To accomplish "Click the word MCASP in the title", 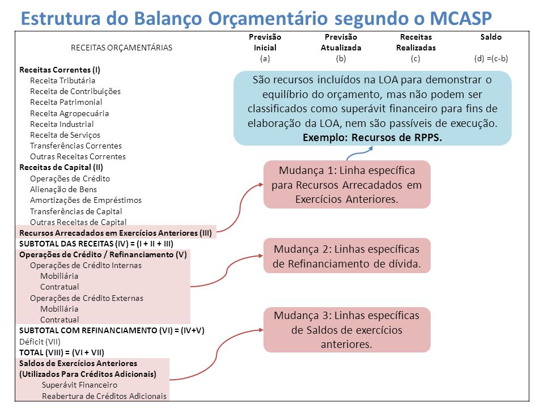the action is click(x=461, y=18).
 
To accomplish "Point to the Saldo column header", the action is click(x=491, y=37).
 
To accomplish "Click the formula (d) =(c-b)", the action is click(x=491, y=58).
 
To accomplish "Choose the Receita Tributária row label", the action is click(x=62, y=80).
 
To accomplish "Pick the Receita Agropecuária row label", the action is click(x=69, y=113).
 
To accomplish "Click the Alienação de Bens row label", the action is click(x=63, y=189).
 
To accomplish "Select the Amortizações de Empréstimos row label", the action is click(x=86, y=200).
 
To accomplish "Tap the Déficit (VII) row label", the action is click(x=40, y=342).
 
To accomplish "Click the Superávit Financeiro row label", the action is click(x=79, y=385).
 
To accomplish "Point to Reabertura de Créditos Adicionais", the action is click(x=104, y=396).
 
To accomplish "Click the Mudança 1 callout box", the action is click(x=347, y=185).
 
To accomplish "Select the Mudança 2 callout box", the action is click(x=347, y=256).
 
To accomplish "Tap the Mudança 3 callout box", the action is click(x=347, y=330).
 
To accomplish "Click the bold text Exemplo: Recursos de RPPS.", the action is click(x=372, y=137).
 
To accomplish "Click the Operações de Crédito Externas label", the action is click(x=86, y=298).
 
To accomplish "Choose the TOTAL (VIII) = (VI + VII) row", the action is click(x=62, y=352).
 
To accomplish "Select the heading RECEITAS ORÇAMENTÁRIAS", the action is click(x=121, y=48).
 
